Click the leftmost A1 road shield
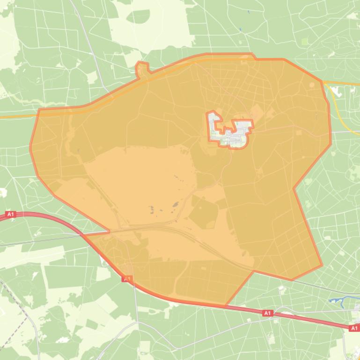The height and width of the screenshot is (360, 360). coord(11,215)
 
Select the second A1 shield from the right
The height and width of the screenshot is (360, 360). coord(267,313)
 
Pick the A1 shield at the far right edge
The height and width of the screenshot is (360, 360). coord(354,329)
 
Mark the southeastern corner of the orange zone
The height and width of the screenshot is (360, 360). coord(322,266)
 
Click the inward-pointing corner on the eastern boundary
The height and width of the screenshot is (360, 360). coord(294,188)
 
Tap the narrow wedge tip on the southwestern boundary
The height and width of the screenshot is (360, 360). coord(109,230)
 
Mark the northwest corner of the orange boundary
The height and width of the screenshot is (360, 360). coord(38,110)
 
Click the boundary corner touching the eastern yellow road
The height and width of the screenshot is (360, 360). coord(322,82)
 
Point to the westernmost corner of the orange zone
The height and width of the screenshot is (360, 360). coord(30,149)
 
